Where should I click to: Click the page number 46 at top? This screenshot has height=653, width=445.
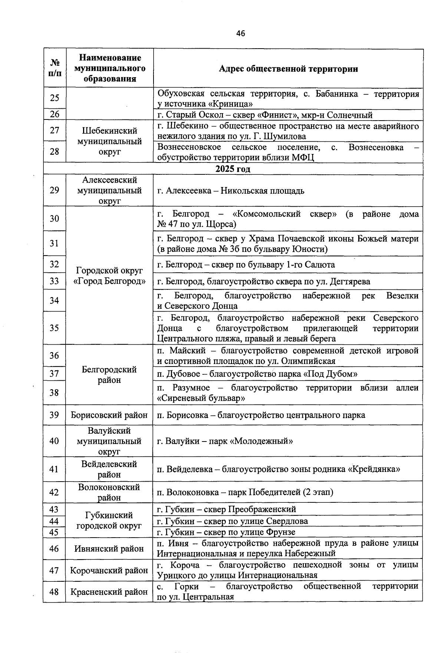240,33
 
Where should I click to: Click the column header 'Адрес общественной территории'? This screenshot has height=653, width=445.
288,69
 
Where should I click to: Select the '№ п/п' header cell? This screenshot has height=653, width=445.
55,68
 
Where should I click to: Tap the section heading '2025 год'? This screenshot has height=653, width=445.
233,169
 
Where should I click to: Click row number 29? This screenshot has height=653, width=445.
55,190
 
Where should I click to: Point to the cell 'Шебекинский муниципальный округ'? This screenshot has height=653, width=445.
109,141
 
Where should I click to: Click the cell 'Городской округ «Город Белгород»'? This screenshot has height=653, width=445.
109,275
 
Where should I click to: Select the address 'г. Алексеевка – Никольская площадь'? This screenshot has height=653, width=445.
231,191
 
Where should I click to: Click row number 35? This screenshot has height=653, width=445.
55,328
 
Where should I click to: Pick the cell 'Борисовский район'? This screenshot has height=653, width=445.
109,415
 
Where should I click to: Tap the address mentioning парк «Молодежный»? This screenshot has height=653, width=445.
225,441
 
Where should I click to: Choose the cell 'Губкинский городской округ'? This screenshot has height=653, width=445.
109,521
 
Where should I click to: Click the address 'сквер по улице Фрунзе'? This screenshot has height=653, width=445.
226,532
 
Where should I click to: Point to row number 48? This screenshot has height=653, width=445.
55,592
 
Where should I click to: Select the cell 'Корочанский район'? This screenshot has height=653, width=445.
109,570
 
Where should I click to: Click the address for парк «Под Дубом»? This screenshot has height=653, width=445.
257,374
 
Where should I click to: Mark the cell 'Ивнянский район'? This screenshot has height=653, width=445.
109,548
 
